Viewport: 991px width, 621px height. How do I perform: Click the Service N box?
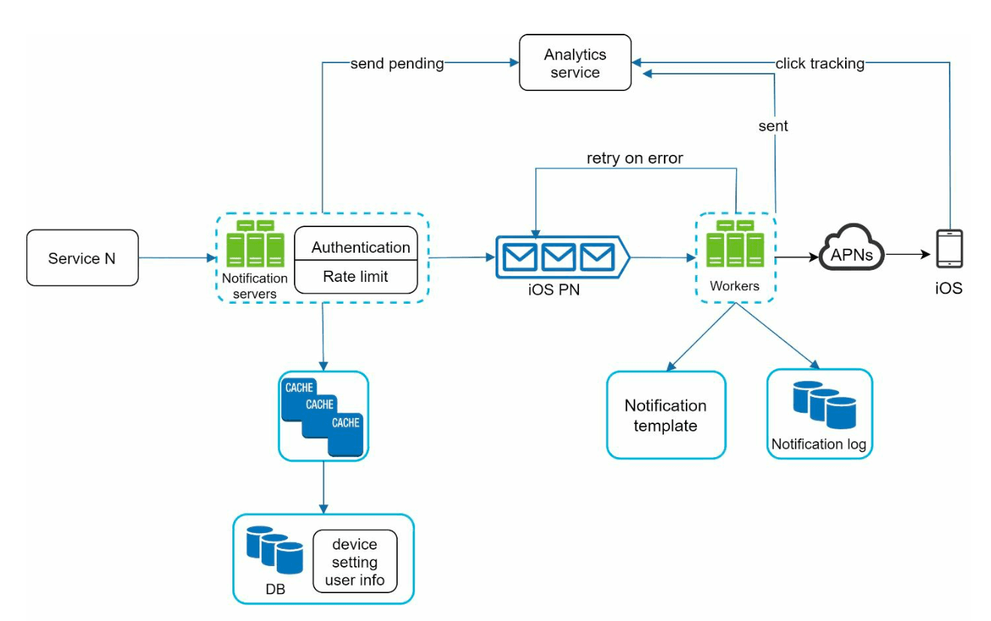tap(82, 258)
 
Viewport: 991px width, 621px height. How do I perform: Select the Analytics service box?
tap(575, 63)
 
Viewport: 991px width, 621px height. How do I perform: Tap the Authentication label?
tap(361, 247)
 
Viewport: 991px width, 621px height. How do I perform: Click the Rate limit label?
tap(355, 277)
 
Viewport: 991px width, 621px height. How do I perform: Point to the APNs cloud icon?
tap(851, 247)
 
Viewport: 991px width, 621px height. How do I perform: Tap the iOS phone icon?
tap(950, 249)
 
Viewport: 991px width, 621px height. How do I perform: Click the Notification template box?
tap(666, 415)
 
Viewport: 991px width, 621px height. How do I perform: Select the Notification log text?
tap(819, 444)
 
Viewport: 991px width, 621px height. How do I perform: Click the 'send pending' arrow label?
tap(397, 64)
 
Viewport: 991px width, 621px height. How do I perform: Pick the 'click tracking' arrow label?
tap(820, 64)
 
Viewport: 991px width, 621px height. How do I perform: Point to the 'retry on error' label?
tap(635, 159)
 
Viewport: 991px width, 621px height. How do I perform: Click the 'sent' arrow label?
tap(773, 126)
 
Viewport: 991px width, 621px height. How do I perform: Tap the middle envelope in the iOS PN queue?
tap(559, 257)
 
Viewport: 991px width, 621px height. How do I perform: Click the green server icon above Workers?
tap(735, 244)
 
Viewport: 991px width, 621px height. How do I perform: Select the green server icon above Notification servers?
tap(256, 244)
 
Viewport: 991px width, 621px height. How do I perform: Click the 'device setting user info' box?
tap(355, 562)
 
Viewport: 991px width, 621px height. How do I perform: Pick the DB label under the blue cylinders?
tap(275, 589)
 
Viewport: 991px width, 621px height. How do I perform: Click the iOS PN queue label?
tap(554, 289)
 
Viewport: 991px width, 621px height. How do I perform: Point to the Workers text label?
tap(735, 286)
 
